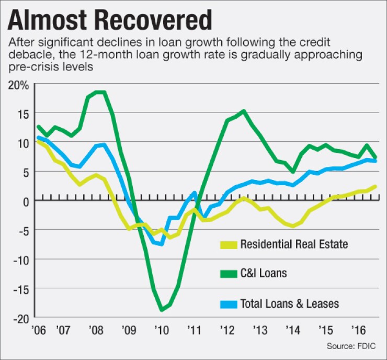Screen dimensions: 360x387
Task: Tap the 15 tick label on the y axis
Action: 22,113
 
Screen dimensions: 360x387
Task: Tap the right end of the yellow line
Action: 377,186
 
